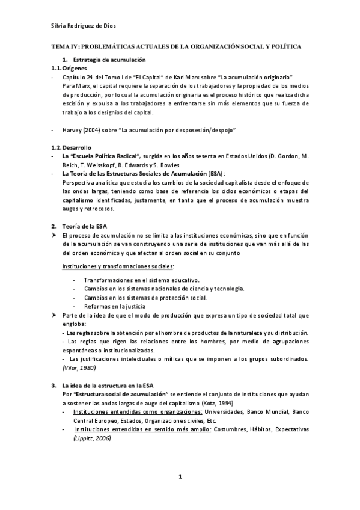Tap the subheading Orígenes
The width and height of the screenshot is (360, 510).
pyautogui.click(x=75, y=69)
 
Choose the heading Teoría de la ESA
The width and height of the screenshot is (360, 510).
pyautogui.click(x=88, y=226)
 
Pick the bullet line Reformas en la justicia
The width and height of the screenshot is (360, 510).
pyautogui.click(x=115, y=306)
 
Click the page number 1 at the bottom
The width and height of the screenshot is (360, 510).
pyautogui.click(x=180, y=477)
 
